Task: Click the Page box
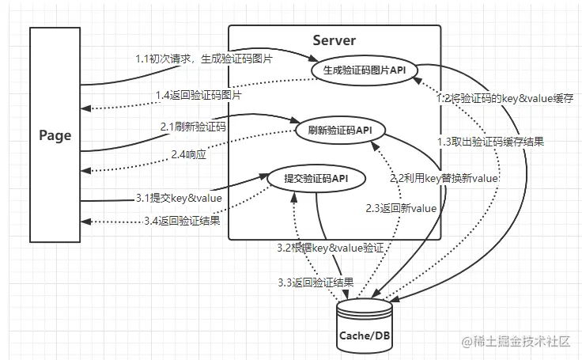pos(55,135)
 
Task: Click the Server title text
pos(334,40)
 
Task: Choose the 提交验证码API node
pos(316,179)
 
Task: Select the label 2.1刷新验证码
pos(193,126)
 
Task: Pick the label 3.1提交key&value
pos(179,197)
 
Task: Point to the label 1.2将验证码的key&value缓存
pos(506,100)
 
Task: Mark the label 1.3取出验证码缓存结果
pos(490,141)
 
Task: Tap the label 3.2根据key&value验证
pos(331,248)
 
